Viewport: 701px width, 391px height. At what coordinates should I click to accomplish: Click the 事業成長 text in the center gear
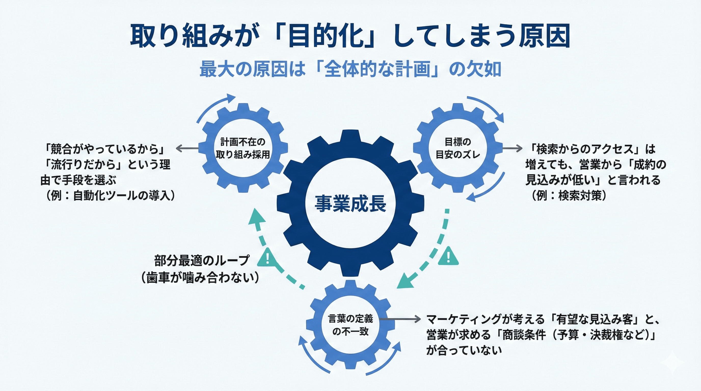[x=350, y=203]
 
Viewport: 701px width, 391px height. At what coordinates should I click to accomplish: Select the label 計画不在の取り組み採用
[x=243, y=148]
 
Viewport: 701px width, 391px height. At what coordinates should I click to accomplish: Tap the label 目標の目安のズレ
[x=458, y=148]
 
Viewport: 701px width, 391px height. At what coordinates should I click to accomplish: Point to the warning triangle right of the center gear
[x=448, y=256]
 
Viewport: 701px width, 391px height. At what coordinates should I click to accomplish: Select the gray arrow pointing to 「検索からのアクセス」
[x=512, y=148]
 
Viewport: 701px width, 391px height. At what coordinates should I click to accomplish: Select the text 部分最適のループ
[x=202, y=260]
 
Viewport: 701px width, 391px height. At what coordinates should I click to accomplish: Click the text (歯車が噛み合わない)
[x=200, y=278]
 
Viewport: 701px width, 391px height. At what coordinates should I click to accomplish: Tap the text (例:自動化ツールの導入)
[x=110, y=195]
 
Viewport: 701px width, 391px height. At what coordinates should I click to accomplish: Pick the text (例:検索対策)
[x=569, y=195]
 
